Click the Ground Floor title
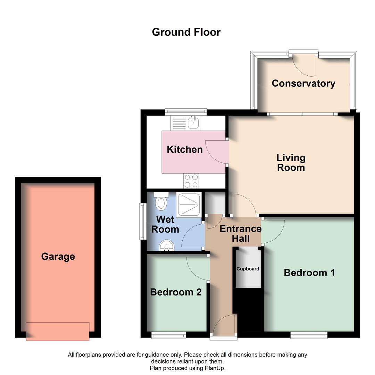pos(186,32)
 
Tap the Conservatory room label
pos(303,83)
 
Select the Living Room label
pos(291,162)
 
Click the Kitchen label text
pos(185,149)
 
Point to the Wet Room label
pos(165,224)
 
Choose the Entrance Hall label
pos(240,234)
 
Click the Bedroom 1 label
pos(309,273)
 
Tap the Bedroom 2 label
pos(176,292)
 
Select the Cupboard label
pos(248,269)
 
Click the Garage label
pos(58,257)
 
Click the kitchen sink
pos(193,123)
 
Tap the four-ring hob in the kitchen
pos(191,181)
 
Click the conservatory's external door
pos(304,64)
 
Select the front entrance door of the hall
pos(224,326)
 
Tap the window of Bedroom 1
pos(309,335)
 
